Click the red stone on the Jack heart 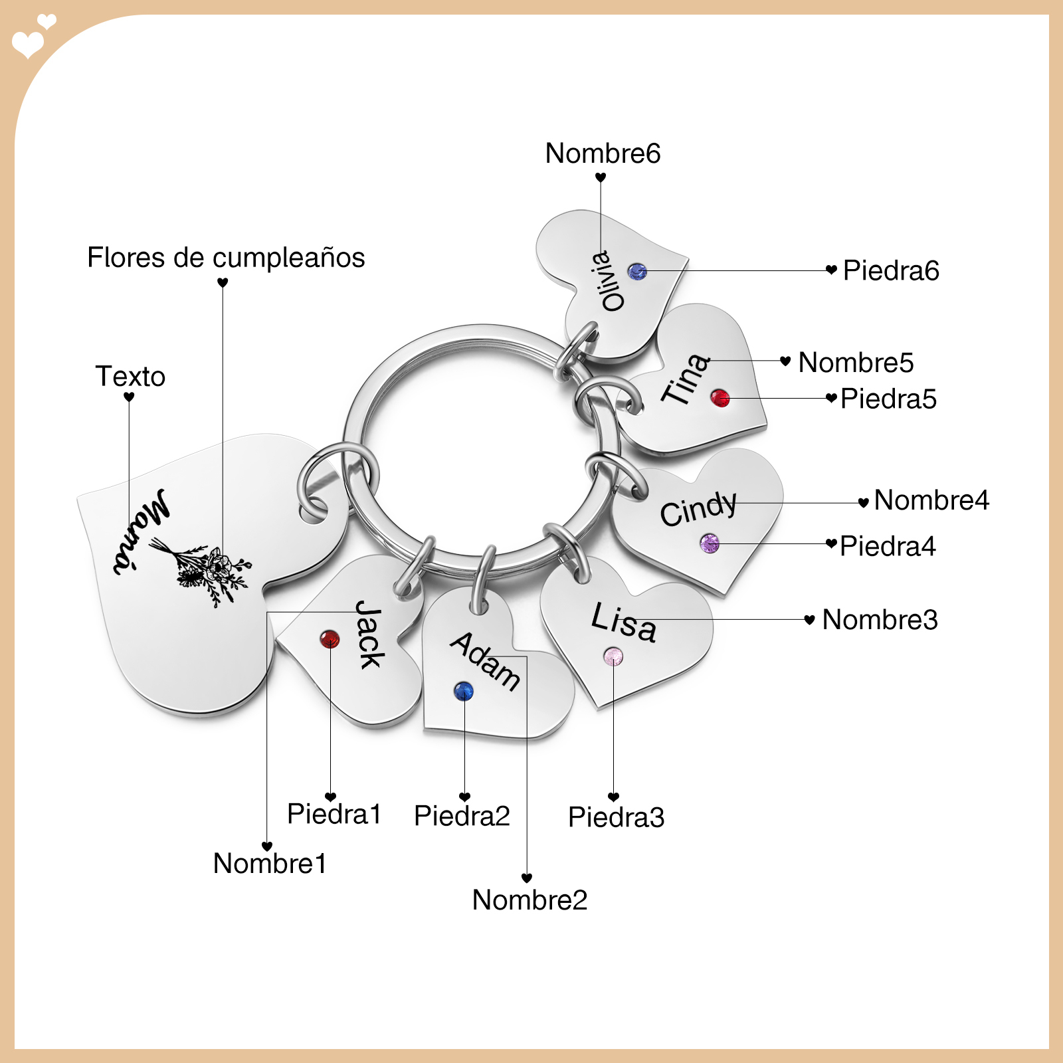330,639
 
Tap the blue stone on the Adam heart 464,691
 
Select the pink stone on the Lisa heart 613,657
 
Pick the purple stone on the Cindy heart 710,543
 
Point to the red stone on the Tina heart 720,398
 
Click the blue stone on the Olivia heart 637,271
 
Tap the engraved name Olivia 609,281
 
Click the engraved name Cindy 698,509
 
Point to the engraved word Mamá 141,531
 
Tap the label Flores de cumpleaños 226,258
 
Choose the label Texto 130,377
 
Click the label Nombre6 603,153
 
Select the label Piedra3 616,817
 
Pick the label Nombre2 530,900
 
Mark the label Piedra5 888,399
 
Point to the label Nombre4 931,500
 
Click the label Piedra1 334,814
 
